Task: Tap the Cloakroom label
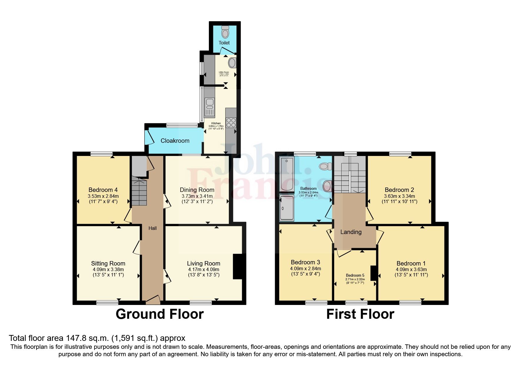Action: pyautogui.click(x=175, y=141)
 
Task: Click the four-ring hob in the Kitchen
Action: pyautogui.click(x=231, y=122)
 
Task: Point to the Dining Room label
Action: pyautogui.click(x=197, y=190)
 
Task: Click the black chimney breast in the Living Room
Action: pyautogui.click(x=237, y=266)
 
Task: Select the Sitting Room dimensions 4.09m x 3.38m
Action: pyautogui.click(x=108, y=269)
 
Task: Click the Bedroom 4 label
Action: pyautogui.click(x=103, y=190)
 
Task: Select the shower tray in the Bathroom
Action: pyautogui.click(x=287, y=208)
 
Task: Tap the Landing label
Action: pyautogui.click(x=351, y=232)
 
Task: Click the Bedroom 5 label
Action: pyautogui.click(x=355, y=276)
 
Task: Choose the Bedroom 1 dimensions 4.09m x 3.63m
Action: pyautogui.click(x=411, y=269)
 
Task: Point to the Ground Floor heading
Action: pyautogui.click(x=159, y=314)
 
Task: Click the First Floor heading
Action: pyautogui.click(x=360, y=314)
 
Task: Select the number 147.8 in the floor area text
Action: pyautogui.click(x=73, y=338)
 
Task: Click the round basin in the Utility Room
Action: pyautogui.click(x=232, y=63)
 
